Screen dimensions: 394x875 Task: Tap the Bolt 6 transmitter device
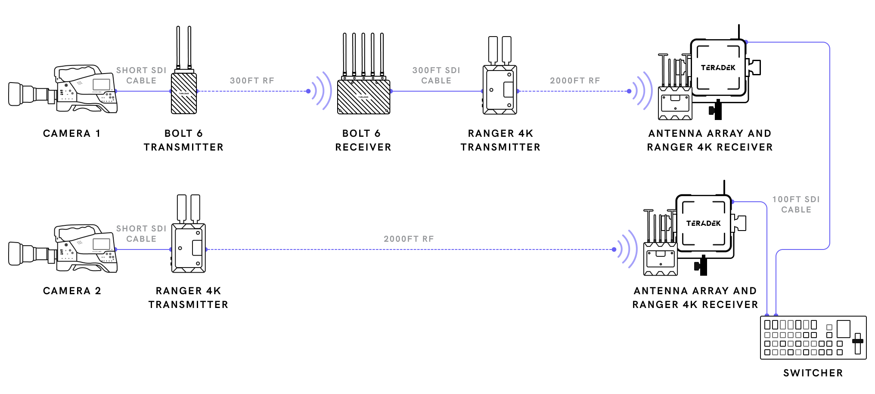[184, 93]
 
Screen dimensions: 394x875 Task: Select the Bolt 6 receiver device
[363, 96]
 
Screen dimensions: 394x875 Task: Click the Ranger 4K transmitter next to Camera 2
[188, 248]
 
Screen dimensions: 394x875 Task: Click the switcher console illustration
[813, 338]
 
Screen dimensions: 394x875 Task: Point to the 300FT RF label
[252, 80]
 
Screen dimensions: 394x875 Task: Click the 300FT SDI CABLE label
[436, 75]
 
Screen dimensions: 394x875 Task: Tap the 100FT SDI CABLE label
[796, 204]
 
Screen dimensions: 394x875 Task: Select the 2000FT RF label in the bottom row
[409, 239]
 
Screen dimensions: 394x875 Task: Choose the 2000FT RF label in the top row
[575, 80]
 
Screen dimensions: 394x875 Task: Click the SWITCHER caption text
[813, 373]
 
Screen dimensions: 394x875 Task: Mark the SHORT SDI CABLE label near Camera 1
[141, 75]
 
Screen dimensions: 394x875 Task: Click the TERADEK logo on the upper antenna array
[718, 68]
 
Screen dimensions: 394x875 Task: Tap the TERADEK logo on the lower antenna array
[703, 223]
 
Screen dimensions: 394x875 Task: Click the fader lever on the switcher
[857, 341]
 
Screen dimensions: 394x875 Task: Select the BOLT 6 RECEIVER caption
[363, 140]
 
